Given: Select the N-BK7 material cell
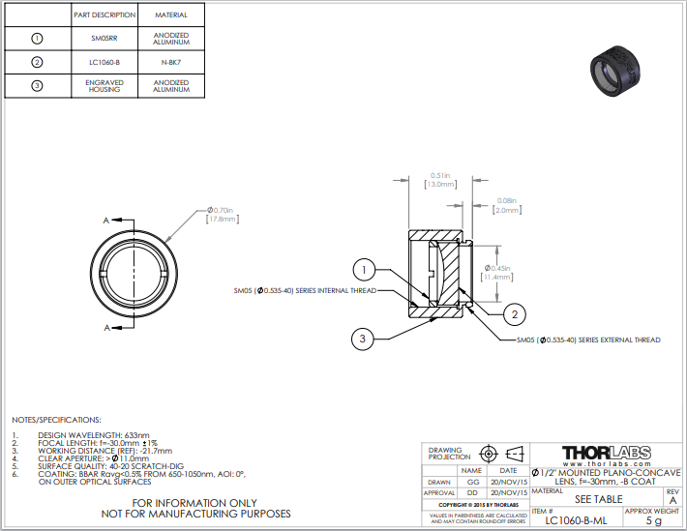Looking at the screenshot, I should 171,62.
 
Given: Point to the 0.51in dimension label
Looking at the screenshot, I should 437,175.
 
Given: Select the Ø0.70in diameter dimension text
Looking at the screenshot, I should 222,210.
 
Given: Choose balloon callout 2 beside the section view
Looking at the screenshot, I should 516,313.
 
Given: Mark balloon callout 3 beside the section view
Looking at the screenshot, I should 362,338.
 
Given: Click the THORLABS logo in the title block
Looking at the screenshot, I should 606,453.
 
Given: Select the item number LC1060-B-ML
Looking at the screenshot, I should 577,520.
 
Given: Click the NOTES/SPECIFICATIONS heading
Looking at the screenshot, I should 56,420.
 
